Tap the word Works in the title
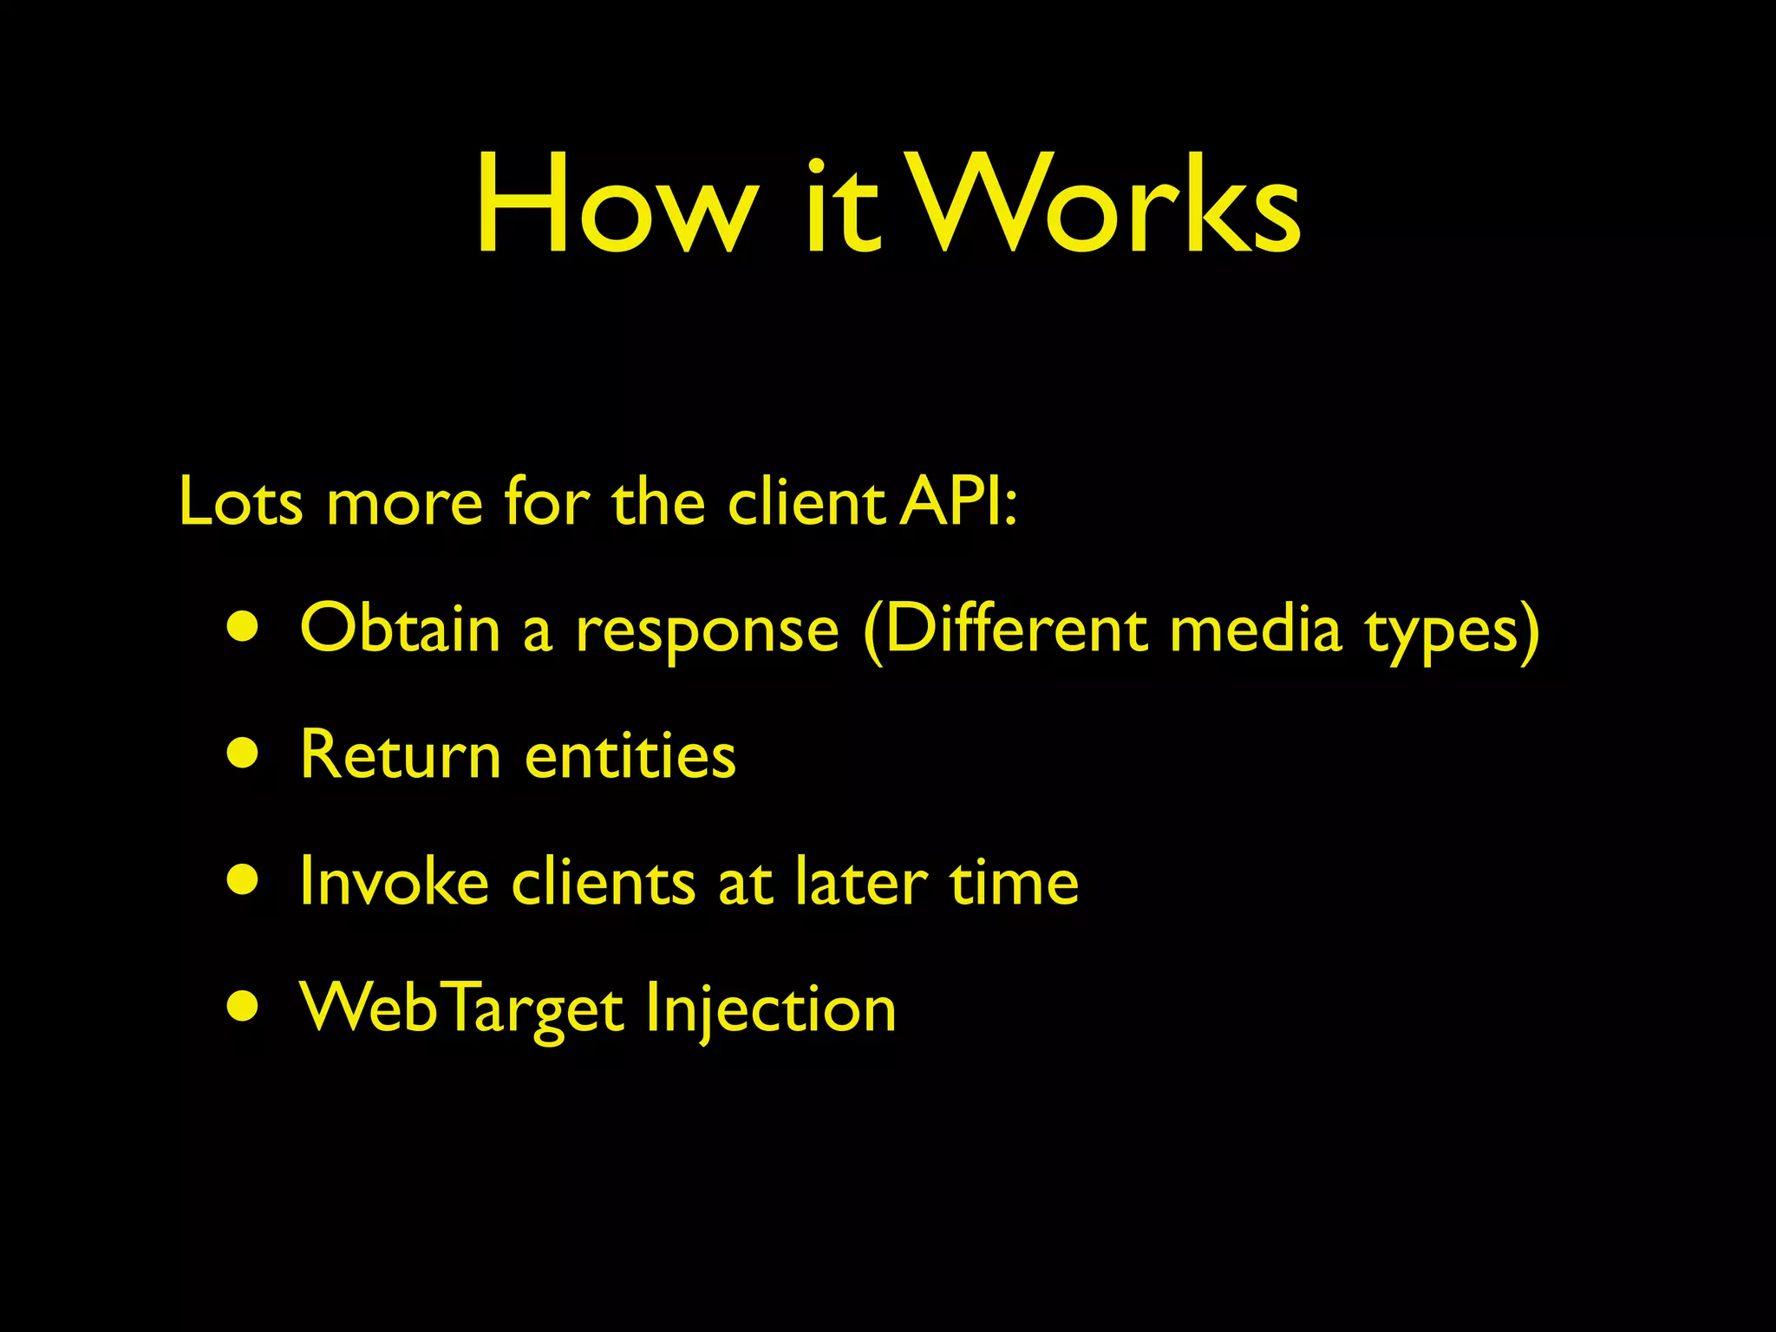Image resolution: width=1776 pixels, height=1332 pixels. click(x=1106, y=206)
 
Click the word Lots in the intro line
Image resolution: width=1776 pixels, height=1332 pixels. click(x=240, y=502)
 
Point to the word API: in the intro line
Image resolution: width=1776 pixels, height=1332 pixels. click(x=957, y=502)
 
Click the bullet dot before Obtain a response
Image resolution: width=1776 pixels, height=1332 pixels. click(x=244, y=628)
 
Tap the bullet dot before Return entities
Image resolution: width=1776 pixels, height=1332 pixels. click(x=244, y=754)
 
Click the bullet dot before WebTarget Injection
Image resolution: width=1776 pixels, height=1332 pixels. click(x=244, y=1007)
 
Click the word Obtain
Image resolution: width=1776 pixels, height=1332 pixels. click(x=400, y=628)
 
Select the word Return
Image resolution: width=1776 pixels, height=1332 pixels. click(x=400, y=754)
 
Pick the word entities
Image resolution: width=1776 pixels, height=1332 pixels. click(x=630, y=754)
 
